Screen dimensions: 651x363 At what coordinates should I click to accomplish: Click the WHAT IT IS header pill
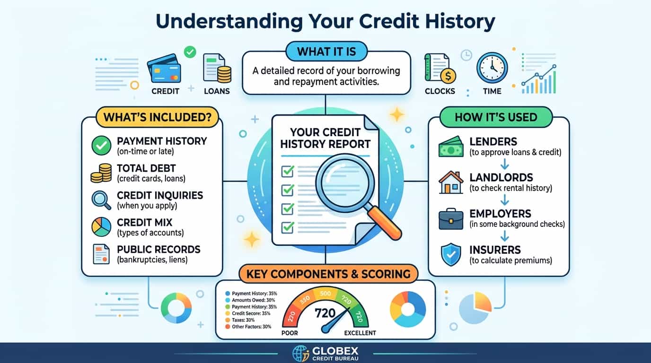pyautogui.click(x=326, y=52)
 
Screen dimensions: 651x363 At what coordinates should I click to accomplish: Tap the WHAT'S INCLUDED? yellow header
pyautogui.click(x=157, y=117)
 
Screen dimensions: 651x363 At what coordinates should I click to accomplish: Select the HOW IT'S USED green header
pyautogui.click(x=496, y=117)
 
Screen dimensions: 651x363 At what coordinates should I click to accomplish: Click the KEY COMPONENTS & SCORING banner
pyautogui.click(x=328, y=274)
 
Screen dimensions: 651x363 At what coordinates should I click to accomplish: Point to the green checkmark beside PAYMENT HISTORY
pyautogui.click(x=101, y=146)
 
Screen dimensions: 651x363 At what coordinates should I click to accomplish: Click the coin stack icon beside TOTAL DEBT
pyautogui.click(x=101, y=173)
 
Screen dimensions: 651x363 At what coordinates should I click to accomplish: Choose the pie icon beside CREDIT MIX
pyautogui.click(x=101, y=227)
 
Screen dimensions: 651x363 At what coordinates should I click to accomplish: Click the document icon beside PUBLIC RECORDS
pyautogui.click(x=101, y=254)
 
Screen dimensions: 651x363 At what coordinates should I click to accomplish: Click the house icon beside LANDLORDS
pyautogui.click(x=451, y=182)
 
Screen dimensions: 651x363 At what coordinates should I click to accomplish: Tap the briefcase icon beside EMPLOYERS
pyautogui.click(x=451, y=219)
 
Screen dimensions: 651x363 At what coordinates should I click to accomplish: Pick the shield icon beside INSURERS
pyautogui.click(x=451, y=254)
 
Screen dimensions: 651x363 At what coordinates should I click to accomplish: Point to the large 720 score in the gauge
pyautogui.click(x=325, y=313)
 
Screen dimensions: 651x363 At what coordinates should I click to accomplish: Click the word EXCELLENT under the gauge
pyautogui.click(x=360, y=333)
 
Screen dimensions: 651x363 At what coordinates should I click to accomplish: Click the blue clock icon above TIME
pyautogui.click(x=492, y=68)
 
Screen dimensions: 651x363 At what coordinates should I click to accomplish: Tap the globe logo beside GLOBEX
pyautogui.click(x=300, y=354)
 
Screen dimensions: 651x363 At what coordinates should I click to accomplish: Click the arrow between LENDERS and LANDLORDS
pyautogui.click(x=504, y=164)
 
